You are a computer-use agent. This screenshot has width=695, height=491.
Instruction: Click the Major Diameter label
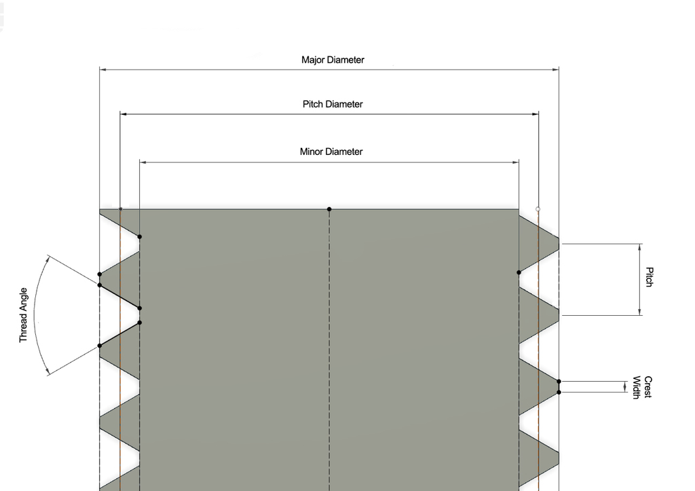tap(333, 60)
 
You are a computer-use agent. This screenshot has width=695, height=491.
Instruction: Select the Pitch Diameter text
tap(333, 105)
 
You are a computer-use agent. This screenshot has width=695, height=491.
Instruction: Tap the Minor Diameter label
tap(331, 152)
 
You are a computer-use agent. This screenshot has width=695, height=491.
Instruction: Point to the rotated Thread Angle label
tap(23, 315)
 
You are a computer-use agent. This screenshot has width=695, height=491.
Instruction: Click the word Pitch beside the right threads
tap(650, 278)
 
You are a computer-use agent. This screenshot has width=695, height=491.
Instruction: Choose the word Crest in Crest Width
tap(648, 387)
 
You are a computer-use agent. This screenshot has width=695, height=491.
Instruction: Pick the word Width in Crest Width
tap(637, 387)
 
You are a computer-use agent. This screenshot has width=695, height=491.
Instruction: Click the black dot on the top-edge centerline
tap(329, 209)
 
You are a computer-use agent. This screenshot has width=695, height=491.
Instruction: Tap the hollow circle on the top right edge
tap(538, 209)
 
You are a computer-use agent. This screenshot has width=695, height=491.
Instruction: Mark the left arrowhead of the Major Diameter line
tap(103, 69)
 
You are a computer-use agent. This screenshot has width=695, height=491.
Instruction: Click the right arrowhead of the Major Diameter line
tap(555, 69)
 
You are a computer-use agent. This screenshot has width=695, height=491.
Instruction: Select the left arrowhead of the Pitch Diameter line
tap(124, 114)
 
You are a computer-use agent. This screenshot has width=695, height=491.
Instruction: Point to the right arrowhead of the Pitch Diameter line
tap(535, 114)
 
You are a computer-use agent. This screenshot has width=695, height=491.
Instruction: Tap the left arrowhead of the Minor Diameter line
tap(143, 162)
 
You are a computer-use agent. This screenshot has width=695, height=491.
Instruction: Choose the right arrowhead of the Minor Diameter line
tap(515, 162)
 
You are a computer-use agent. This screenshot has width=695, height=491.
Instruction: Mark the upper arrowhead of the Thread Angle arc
tap(50, 259)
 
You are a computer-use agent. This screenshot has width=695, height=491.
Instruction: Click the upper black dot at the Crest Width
tap(559, 382)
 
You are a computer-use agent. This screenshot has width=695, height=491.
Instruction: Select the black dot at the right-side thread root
tap(519, 272)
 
